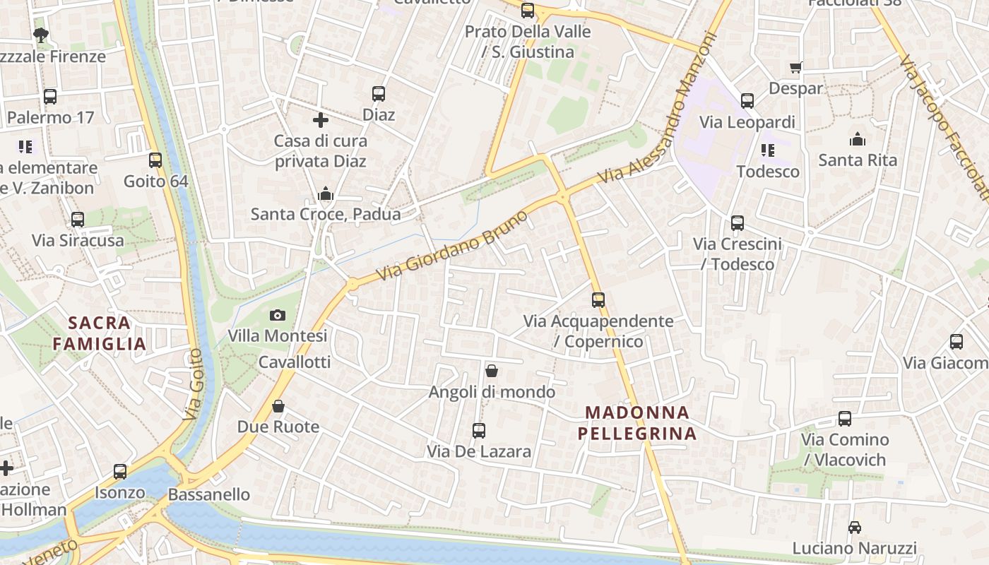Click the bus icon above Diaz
tap(379, 93)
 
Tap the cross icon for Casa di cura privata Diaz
tap(321, 120)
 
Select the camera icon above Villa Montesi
tap(278, 315)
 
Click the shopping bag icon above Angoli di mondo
tap(492, 371)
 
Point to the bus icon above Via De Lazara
tap(479, 430)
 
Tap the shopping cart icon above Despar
tap(796, 68)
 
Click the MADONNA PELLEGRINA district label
tap(636, 422)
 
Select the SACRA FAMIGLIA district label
tap(99, 333)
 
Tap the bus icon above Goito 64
tap(155, 160)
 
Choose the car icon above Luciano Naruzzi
tap(855, 527)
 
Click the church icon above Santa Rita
tap(858, 139)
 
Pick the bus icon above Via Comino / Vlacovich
tap(844, 419)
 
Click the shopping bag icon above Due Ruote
tap(278, 406)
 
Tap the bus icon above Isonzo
tap(120, 471)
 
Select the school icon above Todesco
tap(768, 150)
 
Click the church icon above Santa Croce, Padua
tap(326, 193)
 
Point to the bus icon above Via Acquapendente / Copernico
tap(598, 300)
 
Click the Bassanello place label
tap(209, 494)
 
